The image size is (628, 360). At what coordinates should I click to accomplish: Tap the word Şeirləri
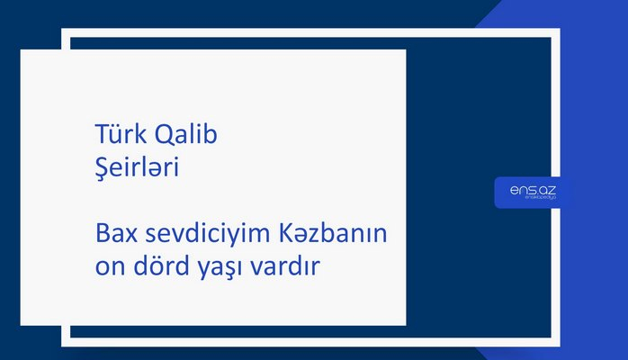137,167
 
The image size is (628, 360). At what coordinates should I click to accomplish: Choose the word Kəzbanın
336,235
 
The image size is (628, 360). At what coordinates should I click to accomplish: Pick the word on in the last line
109,268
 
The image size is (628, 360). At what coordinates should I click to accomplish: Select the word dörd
160,267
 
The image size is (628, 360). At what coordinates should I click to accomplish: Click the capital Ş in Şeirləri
102,168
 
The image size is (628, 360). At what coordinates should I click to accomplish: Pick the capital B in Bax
102,235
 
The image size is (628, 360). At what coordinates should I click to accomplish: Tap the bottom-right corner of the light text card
405,324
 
